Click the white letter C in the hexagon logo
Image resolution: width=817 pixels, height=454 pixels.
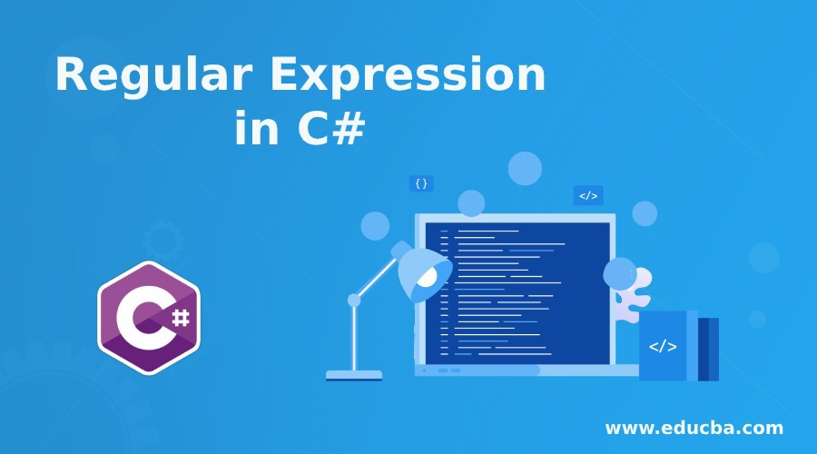tap(139, 318)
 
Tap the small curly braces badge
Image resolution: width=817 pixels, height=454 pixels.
tap(421, 183)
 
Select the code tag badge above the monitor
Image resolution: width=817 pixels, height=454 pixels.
tap(588, 195)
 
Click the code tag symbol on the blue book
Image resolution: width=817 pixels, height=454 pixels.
tap(663, 346)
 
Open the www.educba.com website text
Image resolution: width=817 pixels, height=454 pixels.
tap(694, 427)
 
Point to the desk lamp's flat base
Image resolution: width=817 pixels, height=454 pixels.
tap(354, 374)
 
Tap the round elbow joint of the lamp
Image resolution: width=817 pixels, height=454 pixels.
tap(354, 300)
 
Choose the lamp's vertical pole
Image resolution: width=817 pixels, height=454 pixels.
tap(354, 338)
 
